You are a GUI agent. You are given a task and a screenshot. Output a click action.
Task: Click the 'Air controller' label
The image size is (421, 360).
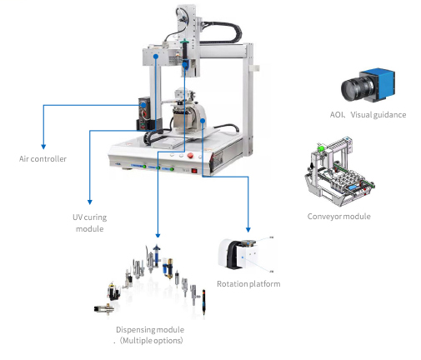(43, 159)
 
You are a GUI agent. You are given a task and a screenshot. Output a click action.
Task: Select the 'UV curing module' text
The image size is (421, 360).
(89, 222)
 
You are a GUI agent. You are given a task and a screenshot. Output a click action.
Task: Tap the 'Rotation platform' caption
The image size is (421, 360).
(248, 284)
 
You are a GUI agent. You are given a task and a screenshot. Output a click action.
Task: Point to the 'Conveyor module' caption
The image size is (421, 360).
(338, 217)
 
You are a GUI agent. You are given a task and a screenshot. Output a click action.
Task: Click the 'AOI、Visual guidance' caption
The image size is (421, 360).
(368, 115)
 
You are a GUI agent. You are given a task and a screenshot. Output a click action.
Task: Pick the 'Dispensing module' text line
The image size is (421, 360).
(150, 330)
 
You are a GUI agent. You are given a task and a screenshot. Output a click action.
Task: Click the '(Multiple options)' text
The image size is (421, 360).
(152, 341)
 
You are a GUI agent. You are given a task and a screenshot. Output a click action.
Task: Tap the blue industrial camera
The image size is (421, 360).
(368, 85)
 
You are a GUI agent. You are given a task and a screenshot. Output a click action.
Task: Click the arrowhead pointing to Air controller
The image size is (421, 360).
(43, 147)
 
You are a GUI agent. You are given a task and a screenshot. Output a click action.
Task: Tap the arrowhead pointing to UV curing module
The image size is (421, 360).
(90, 202)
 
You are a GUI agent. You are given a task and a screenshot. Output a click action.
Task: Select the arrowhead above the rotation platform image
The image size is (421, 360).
(248, 229)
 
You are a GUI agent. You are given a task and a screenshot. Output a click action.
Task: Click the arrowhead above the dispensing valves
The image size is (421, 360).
(158, 235)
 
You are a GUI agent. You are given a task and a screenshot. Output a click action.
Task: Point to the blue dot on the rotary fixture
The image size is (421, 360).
(203, 121)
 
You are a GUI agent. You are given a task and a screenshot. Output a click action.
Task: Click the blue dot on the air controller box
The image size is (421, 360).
(143, 105)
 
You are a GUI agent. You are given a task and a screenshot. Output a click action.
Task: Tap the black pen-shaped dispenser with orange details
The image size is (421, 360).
(203, 302)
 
